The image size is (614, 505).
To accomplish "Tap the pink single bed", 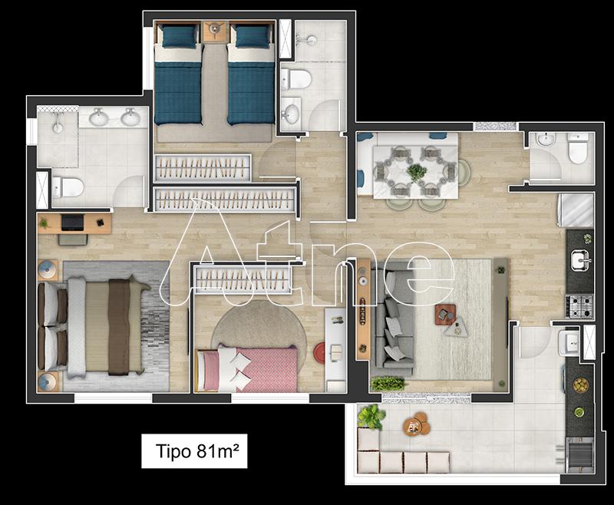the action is tap(246, 370).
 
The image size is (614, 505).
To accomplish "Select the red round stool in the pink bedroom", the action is tap(319, 353).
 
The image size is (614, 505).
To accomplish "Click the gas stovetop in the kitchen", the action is tap(579, 306).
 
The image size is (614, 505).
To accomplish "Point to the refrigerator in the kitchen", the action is tap(576, 210).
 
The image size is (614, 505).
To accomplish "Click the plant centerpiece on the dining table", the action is tap(417, 172).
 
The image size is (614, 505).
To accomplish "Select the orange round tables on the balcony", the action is tap(417, 424).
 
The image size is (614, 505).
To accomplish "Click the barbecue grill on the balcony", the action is tap(579, 454).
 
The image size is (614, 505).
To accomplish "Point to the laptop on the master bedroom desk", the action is tap(72, 223).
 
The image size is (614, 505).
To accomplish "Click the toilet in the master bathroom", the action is tap(68, 187).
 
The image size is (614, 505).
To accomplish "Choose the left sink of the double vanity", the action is tap(99, 117).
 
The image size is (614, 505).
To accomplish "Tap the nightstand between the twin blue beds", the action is tap(215, 31).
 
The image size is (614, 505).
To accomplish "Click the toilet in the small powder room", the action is tap(578, 148).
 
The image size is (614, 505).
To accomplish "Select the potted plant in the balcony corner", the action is tap(371, 417).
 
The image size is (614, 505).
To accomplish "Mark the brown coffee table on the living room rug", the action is tap(445, 315).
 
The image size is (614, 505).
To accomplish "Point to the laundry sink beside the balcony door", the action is tap(568, 342).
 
